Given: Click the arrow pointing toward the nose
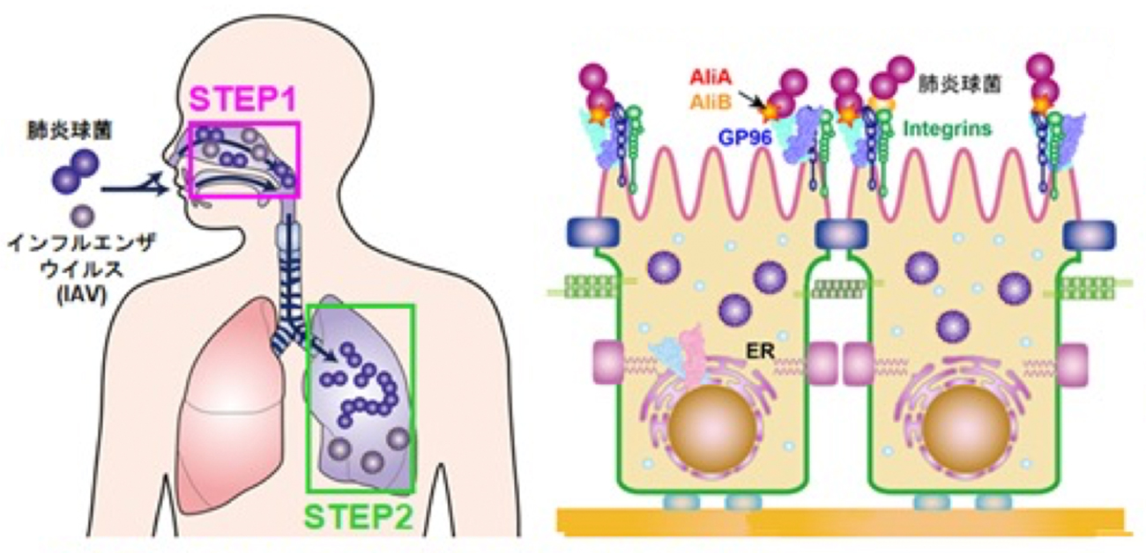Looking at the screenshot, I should click(132, 186).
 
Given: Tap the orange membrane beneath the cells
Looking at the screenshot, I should click(837, 520).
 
